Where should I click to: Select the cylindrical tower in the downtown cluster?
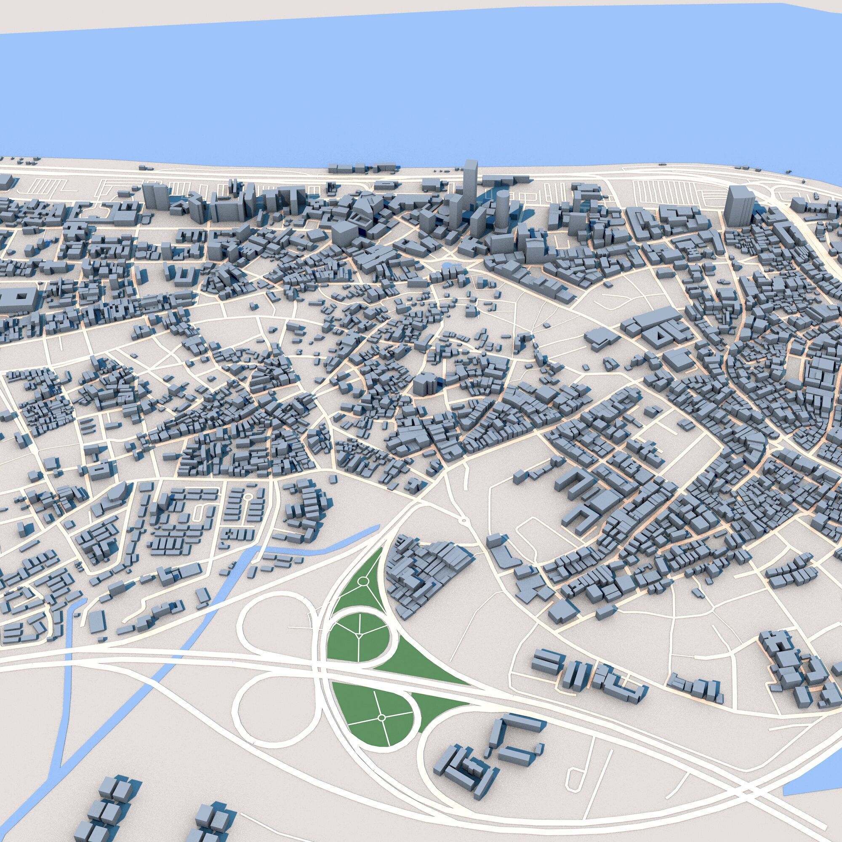[502, 211]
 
